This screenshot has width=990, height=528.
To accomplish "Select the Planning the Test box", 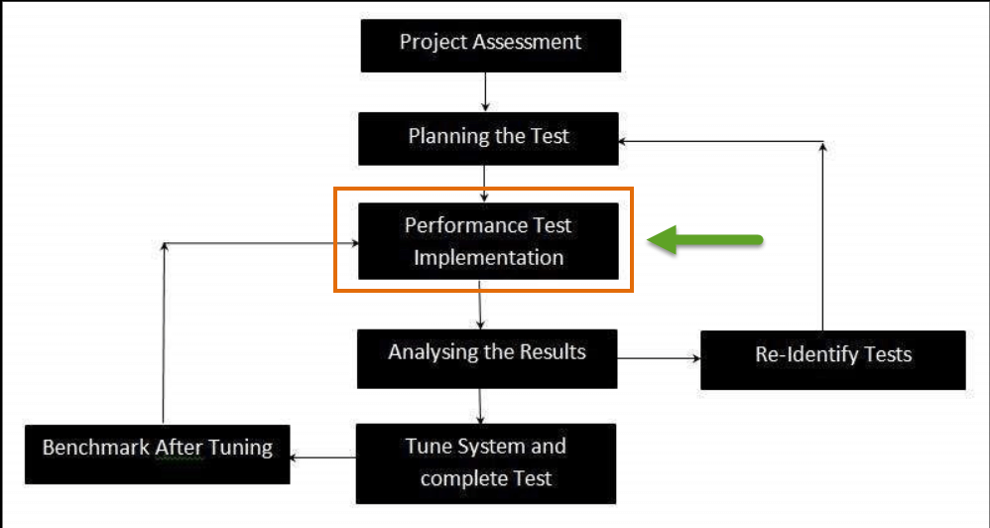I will coord(488,137).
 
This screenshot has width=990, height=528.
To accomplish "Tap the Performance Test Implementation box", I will coord(488,241).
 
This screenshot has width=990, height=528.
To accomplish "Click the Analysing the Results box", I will coord(487,357).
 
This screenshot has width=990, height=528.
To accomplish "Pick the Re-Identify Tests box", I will coord(833,359).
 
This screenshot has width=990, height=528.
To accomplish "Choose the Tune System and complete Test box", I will coord(485,462).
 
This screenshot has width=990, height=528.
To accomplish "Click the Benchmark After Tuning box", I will coord(157,454).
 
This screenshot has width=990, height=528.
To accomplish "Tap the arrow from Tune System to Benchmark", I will coord(321,458).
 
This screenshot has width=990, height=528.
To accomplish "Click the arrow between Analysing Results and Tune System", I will coord(480,405).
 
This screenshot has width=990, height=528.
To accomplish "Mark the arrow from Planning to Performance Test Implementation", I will coord(485,184).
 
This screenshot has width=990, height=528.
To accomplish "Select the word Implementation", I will coord(488,258).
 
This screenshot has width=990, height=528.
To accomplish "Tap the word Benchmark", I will coord(96,448).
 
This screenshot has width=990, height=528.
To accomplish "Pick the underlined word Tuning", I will coord(239,449).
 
